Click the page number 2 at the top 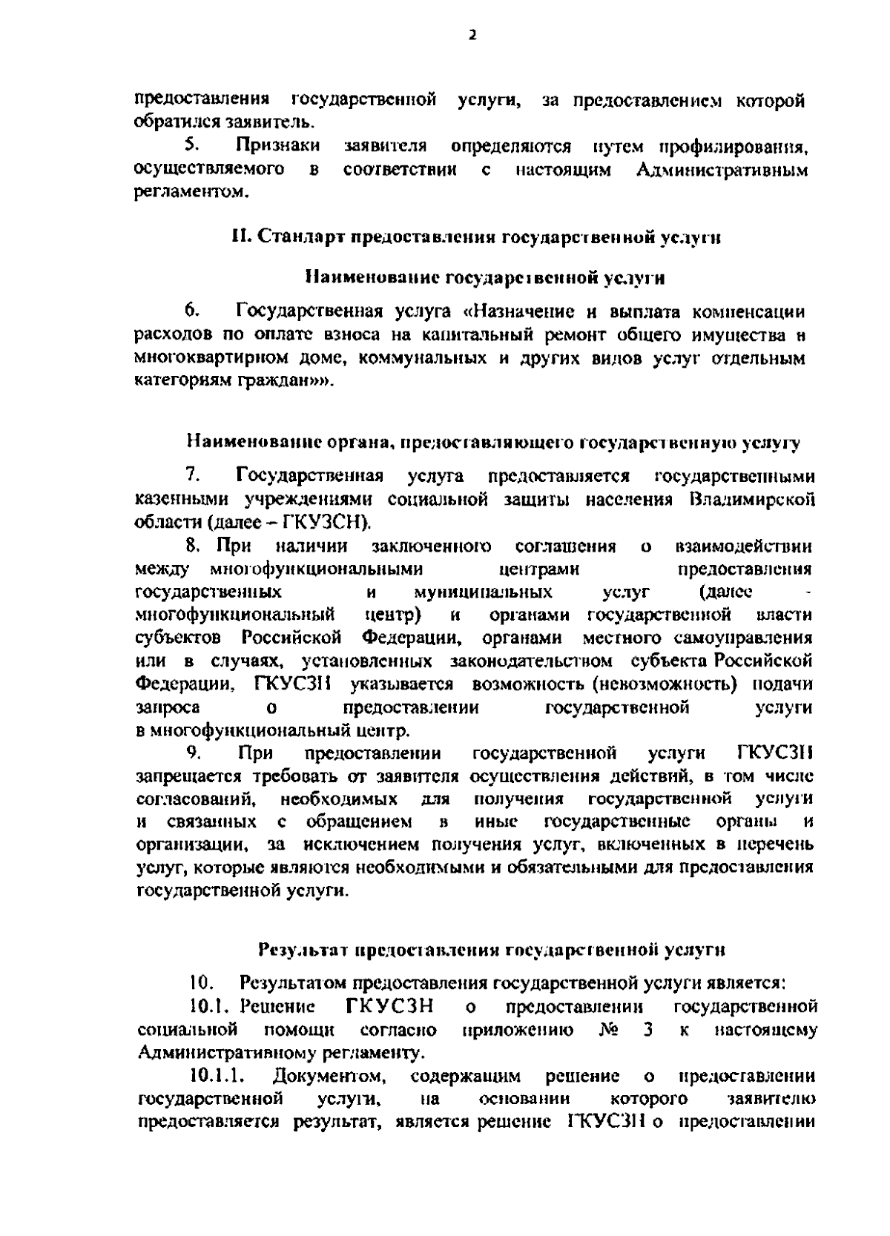point(472,35)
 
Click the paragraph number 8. point(193,547)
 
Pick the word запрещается point(188,777)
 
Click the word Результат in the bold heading point(303,949)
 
